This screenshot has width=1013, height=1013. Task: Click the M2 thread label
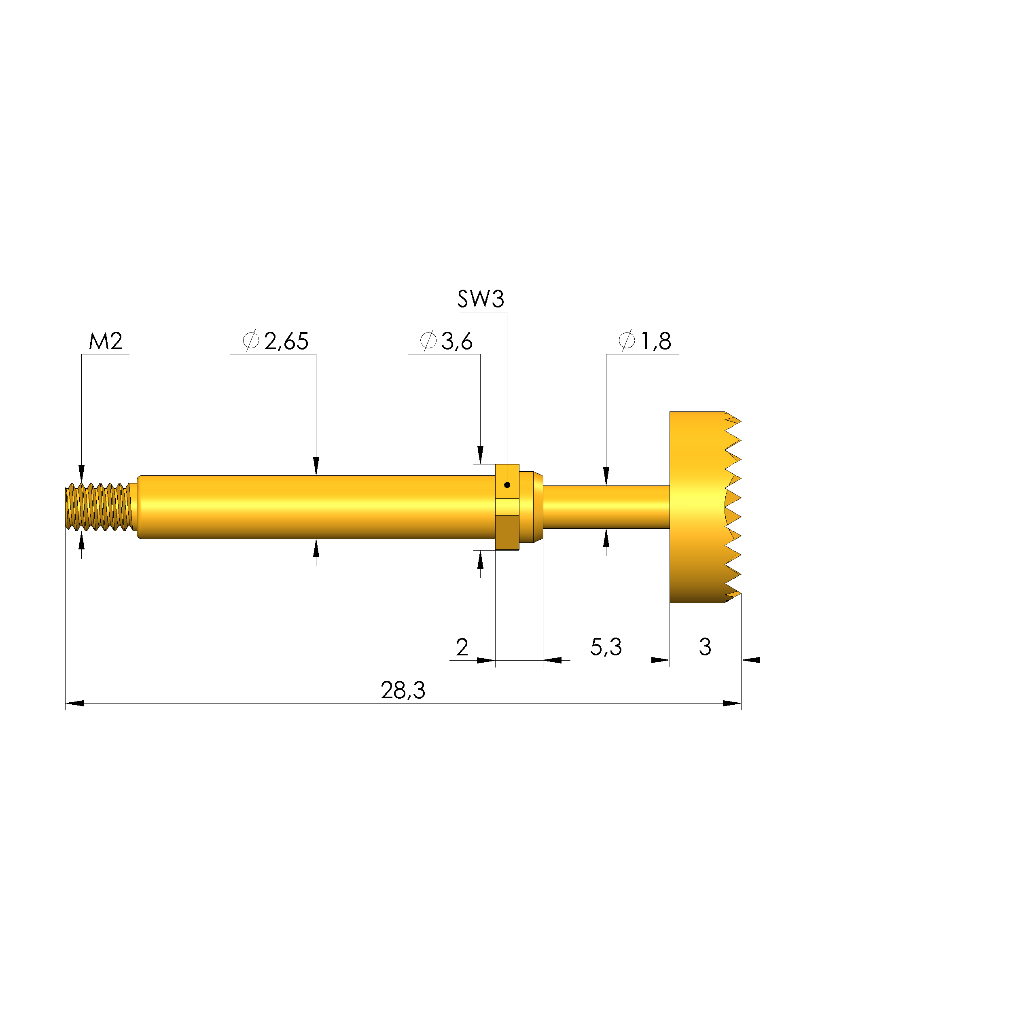pos(106,341)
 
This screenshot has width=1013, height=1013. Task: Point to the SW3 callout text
pos(480,299)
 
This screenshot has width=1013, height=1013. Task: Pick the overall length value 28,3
pos(403,691)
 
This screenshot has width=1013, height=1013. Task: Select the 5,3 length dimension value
pos(606,647)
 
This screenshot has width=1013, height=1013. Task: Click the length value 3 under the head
pos(705,647)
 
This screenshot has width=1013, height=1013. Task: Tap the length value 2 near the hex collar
pos(462,647)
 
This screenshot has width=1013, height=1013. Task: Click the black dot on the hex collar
pos(507,485)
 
